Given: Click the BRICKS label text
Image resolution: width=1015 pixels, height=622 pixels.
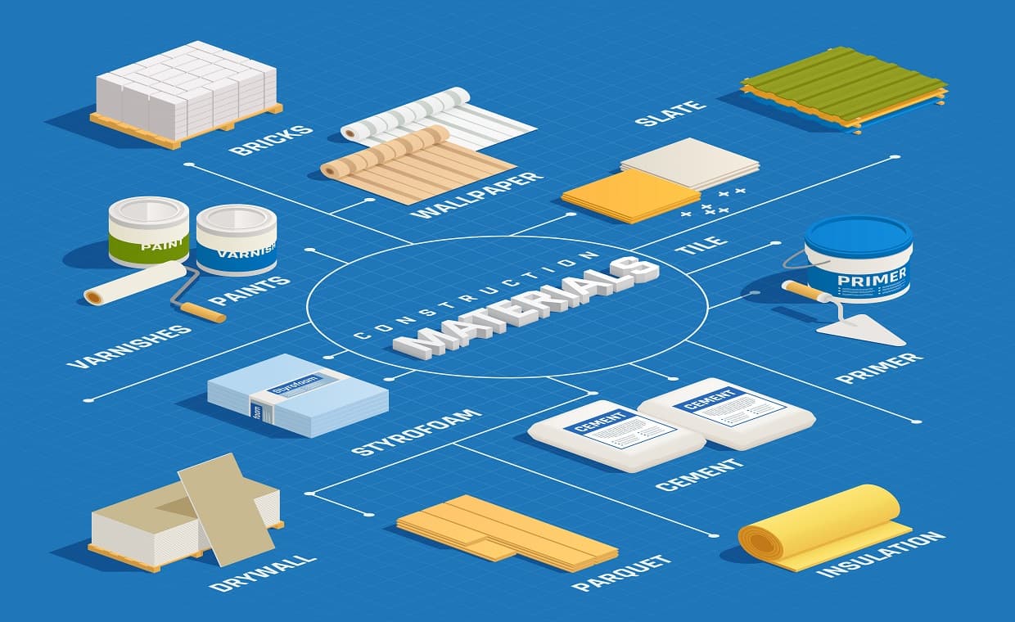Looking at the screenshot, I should tap(260, 140).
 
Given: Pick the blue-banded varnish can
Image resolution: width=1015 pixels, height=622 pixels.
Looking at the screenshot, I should tap(237, 241).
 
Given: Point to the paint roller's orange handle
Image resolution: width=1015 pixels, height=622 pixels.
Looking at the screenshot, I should tap(204, 312).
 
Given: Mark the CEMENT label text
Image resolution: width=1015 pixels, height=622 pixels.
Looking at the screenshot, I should tap(699, 474).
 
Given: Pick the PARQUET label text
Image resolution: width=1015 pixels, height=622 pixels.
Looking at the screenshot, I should tap(622, 573).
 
